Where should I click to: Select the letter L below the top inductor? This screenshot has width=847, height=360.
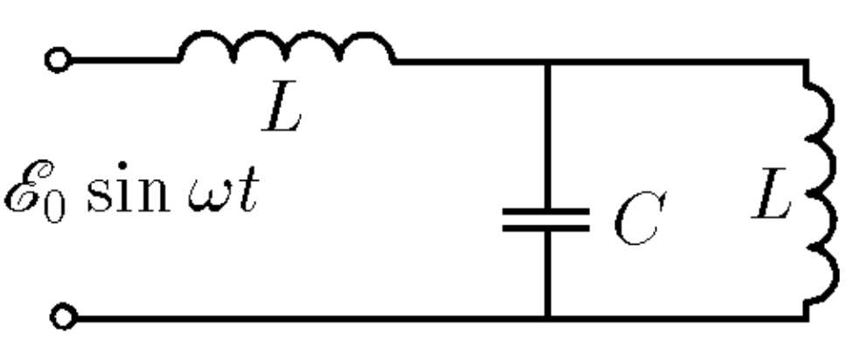click(x=281, y=107)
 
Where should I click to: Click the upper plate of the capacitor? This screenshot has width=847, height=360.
click(x=546, y=211)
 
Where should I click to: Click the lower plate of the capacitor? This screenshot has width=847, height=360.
click(x=546, y=228)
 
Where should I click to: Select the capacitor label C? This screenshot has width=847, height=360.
click(x=640, y=219)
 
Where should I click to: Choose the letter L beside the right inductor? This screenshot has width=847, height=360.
click(x=771, y=193)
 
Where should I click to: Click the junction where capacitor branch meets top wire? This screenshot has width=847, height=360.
click(x=547, y=63)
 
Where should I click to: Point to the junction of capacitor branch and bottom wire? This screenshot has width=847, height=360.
click(x=547, y=318)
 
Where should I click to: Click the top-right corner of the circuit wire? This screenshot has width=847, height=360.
click(x=806, y=63)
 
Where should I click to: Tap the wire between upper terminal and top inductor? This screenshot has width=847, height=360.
click(x=125, y=60)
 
